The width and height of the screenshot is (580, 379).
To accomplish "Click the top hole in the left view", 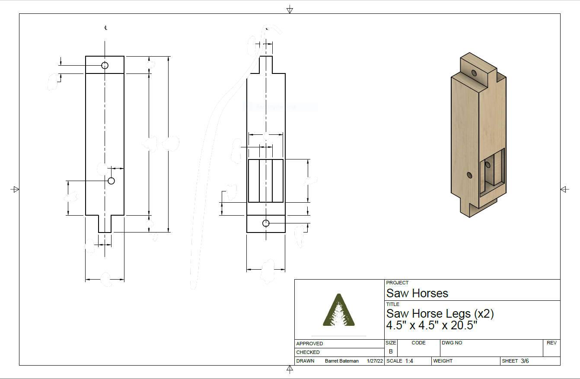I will click(x=105, y=65).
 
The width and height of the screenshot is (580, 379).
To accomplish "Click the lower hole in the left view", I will click(x=111, y=181).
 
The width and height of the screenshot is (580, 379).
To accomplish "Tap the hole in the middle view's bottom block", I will click(x=266, y=223).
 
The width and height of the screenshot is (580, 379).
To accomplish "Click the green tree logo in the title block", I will click(x=339, y=310).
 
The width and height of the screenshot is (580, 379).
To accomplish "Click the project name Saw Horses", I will click(x=417, y=293).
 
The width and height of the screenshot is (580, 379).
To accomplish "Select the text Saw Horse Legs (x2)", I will click(x=440, y=313).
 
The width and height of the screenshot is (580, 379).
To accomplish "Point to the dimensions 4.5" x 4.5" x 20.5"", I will click(x=431, y=325).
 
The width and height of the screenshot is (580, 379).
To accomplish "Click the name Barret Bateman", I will click(x=341, y=361).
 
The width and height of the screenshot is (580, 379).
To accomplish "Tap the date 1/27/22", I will click(x=375, y=361).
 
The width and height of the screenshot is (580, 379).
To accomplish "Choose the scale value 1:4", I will click(x=409, y=361).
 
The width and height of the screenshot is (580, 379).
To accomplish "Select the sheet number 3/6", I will click(x=524, y=361).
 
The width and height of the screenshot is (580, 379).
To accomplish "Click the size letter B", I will click(x=391, y=351).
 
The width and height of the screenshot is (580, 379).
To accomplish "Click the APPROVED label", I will click(x=309, y=344).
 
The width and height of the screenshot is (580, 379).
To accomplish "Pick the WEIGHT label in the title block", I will click(x=443, y=361).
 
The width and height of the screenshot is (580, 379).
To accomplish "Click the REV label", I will click(x=551, y=343).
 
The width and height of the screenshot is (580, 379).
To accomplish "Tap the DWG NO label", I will click(x=452, y=343).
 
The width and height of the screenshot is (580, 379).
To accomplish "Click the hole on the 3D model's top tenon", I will click(x=474, y=73).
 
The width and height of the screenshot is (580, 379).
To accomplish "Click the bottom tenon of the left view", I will click(x=105, y=224).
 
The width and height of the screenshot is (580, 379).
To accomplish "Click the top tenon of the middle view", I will click(x=266, y=64).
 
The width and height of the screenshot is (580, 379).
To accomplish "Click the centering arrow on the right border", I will click(x=564, y=189).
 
